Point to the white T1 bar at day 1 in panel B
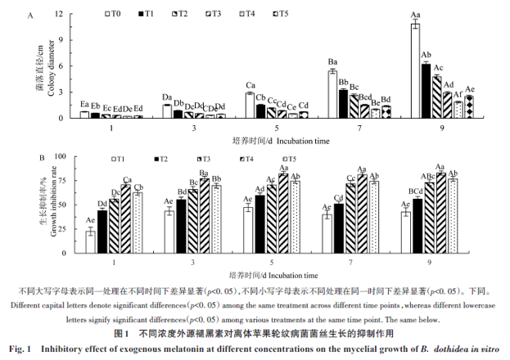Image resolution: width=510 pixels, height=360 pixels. [x=90, y=237]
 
